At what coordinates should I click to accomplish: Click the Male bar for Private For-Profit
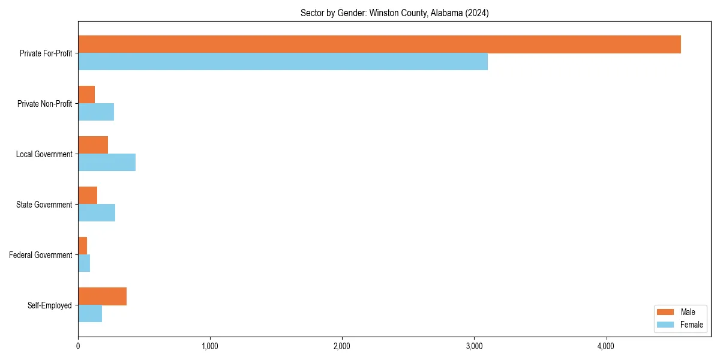pyautogui.click(x=379, y=44)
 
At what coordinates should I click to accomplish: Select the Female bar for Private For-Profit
pyautogui.click(x=283, y=62)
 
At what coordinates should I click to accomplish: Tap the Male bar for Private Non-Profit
pyautogui.click(x=86, y=95)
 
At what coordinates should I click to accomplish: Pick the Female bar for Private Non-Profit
pyautogui.click(x=96, y=112)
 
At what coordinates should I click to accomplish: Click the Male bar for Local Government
pyautogui.click(x=93, y=145)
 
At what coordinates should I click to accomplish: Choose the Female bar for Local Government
pyautogui.click(x=107, y=163)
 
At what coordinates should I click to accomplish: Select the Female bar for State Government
pyautogui.click(x=97, y=213)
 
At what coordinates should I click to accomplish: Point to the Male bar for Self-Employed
pyautogui.click(x=102, y=296)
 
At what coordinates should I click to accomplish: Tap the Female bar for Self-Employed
pyautogui.click(x=90, y=314)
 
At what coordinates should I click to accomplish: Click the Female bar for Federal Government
pyautogui.click(x=84, y=263)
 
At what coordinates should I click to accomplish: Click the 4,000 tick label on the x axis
pyautogui.click(x=606, y=346)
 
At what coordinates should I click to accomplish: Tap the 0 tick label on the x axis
pyautogui.click(x=78, y=346)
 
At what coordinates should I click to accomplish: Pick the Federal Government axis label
pyautogui.click(x=41, y=255)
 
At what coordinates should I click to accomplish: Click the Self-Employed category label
pyautogui.click(x=50, y=305)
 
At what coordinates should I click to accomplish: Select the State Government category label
pyautogui.click(x=44, y=205)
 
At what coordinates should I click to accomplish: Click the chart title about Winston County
pyautogui.click(x=394, y=13)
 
